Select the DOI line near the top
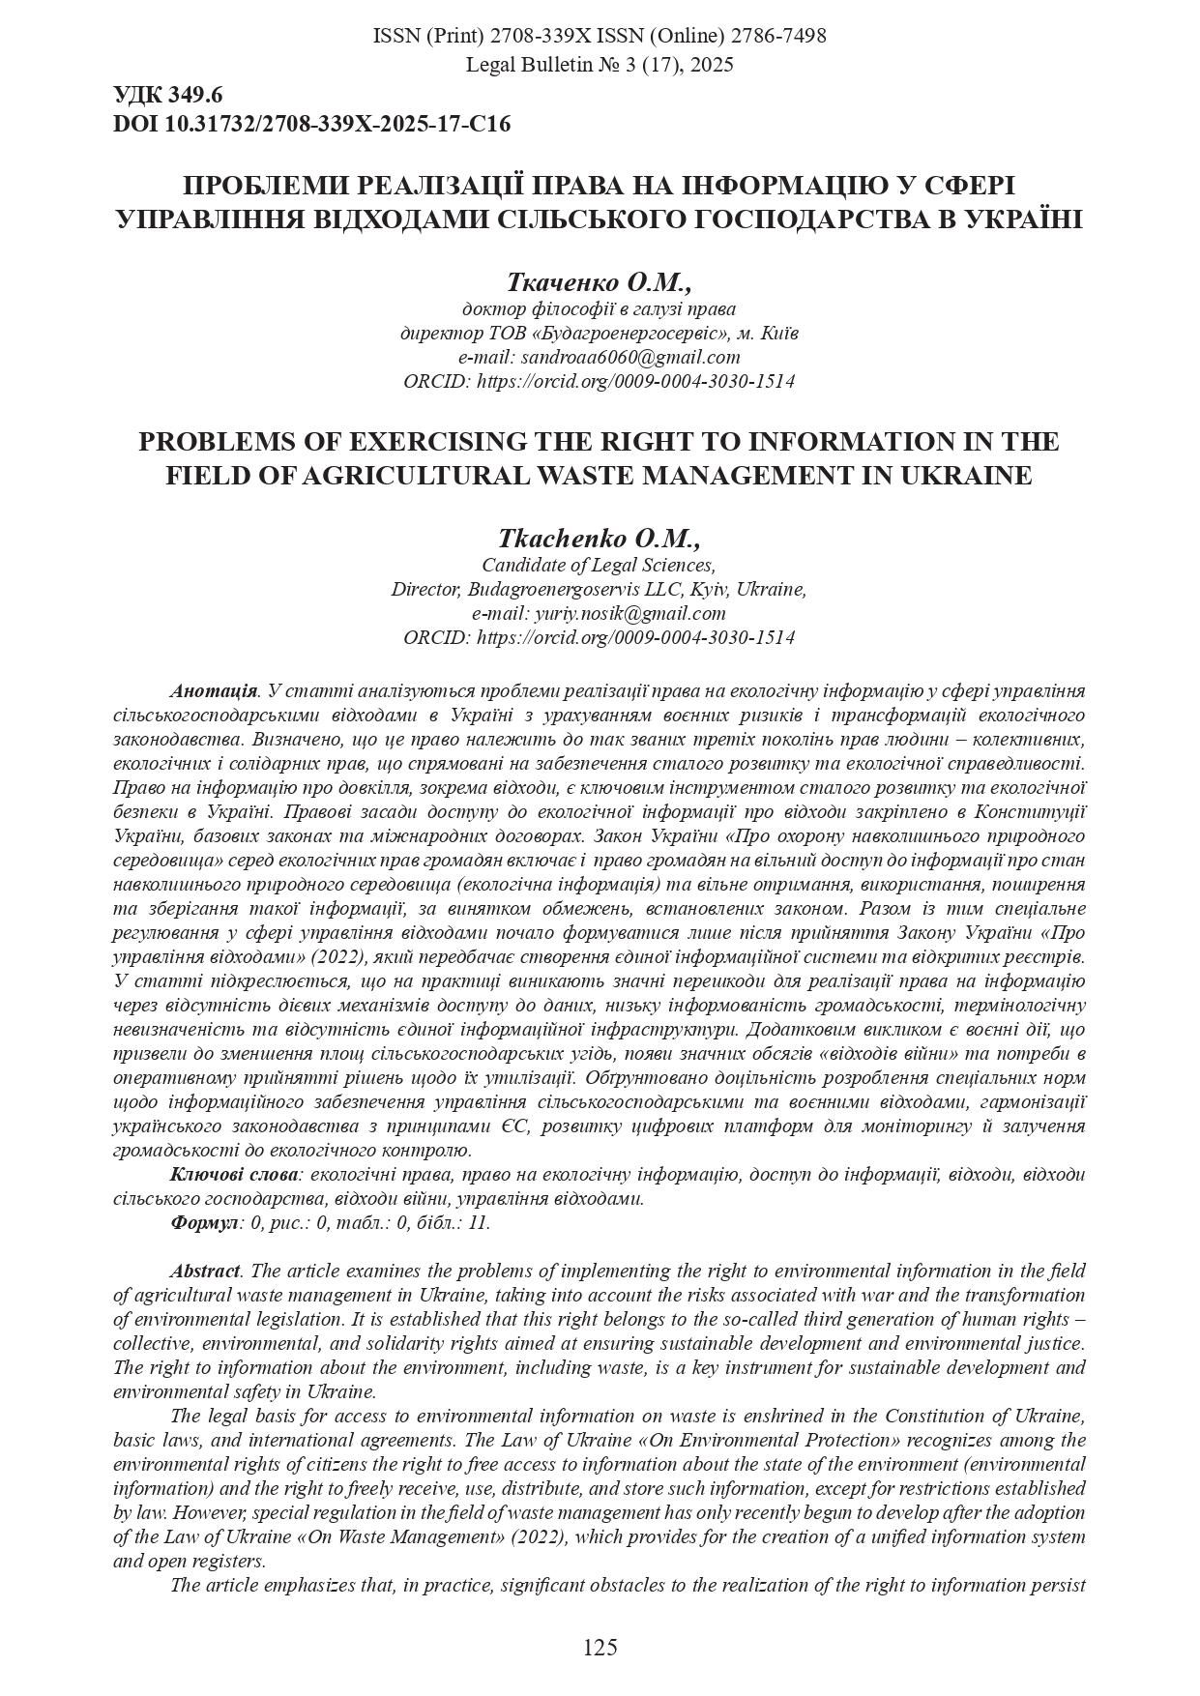311,124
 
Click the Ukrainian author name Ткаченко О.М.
599,282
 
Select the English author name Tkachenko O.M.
599,539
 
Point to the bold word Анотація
214,691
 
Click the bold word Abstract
205,1271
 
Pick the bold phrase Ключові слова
235,1174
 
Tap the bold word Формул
204,1222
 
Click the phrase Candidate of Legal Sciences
599,565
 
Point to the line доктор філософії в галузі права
599,309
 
